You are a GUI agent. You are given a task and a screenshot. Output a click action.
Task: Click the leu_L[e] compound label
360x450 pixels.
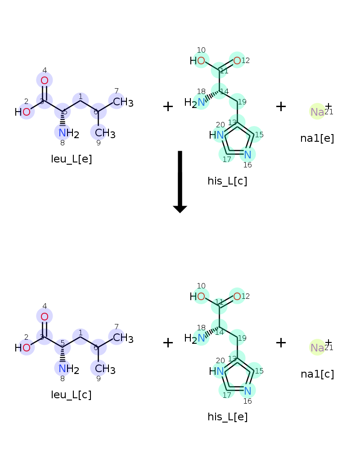pyautogui.click(x=72, y=159)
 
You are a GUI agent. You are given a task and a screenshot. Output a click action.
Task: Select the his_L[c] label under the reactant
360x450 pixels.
pyautogui.click(x=227, y=181)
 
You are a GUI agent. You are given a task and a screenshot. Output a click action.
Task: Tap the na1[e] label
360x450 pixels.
pyautogui.click(x=317, y=138)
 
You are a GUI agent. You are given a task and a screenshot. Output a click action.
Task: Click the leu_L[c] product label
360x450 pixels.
pyautogui.click(x=72, y=395)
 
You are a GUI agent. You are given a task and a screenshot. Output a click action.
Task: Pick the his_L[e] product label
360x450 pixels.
pyautogui.click(x=227, y=417)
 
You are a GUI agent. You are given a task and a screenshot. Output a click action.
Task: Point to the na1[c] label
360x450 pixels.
pyautogui.click(x=317, y=374)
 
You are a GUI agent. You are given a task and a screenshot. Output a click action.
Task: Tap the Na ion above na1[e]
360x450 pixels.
pyautogui.click(x=317, y=112)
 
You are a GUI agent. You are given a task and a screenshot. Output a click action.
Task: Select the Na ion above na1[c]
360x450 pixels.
pyautogui.click(x=317, y=347)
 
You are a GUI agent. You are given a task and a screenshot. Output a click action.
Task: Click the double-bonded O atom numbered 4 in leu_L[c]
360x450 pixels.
pyautogui.click(x=45, y=316)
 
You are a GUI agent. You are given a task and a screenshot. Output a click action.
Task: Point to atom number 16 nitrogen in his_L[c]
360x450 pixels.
pyautogui.click(x=247, y=155)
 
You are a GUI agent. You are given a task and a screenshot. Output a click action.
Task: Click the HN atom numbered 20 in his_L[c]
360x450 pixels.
pyautogui.click(x=217, y=135)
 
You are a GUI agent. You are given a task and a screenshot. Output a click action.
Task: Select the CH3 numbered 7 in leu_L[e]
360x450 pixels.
pyautogui.click(x=121, y=103)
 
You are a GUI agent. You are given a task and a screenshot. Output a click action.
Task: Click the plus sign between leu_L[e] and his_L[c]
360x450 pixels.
pyautogui.click(x=168, y=107)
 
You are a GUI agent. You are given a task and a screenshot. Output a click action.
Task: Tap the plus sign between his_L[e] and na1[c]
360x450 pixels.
pyautogui.click(x=281, y=342)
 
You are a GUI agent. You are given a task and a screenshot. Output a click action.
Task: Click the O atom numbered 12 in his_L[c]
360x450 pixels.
pyautogui.click(x=237, y=60)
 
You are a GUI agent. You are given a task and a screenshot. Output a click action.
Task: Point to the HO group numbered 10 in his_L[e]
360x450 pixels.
pyautogui.click(x=198, y=297)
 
